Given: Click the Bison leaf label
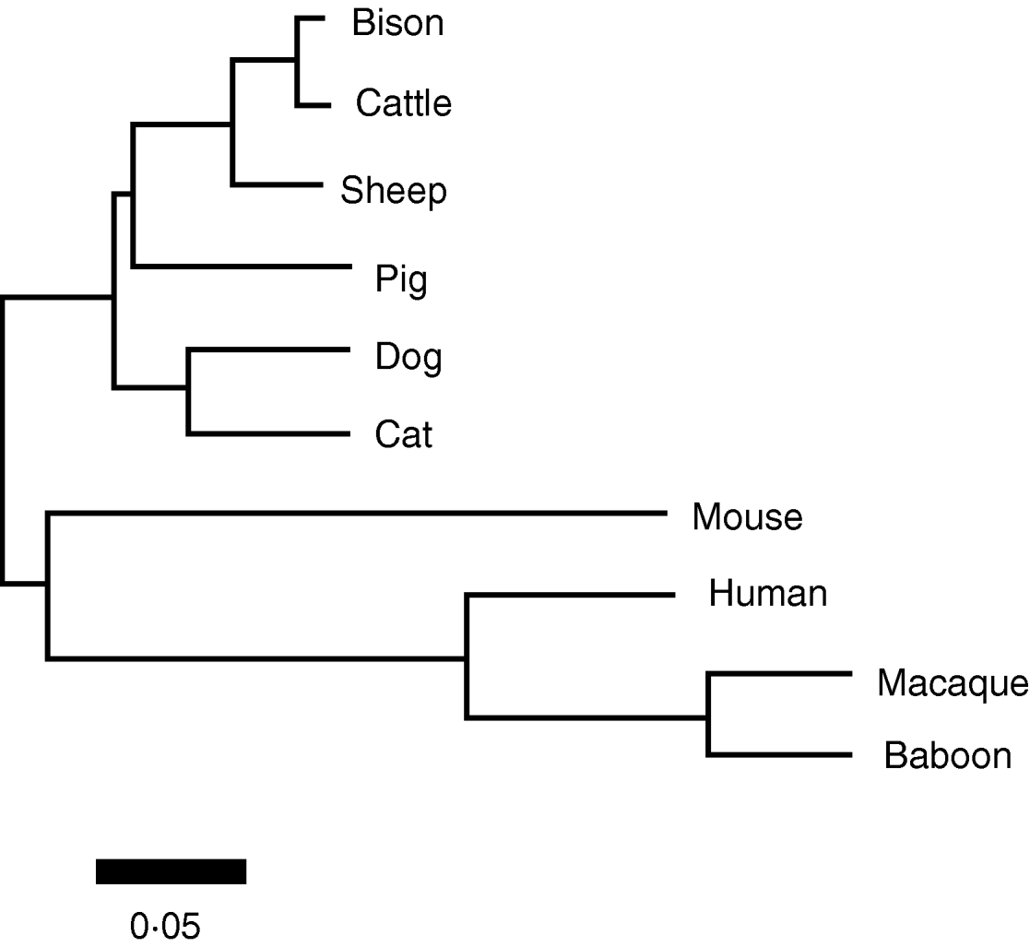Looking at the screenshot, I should click(x=397, y=23).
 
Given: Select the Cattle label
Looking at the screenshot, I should click(x=404, y=103).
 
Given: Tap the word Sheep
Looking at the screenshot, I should click(x=394, y=191).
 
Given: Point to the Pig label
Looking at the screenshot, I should click(x=401, y=278).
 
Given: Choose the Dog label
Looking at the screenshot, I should click(x=408, y=357).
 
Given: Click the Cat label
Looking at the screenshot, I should click(x=404, y=434).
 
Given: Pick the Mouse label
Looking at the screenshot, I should click(x=747, y=516).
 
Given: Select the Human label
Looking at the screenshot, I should click(x=768, y=593).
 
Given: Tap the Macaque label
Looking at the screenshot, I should click(x=952, y=683).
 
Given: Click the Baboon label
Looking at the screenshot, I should click(x=948, y=756).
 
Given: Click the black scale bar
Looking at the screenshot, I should click(x=171, y=871).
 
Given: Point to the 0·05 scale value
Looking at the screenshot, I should click(x=165, y=925).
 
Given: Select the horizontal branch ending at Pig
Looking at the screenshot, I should click(x=243, y=267).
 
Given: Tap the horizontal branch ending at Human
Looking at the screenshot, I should click(x=572, y=596).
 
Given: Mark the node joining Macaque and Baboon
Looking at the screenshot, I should click(x=708, y=715).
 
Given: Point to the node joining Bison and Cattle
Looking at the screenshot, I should click(x=297, y=62).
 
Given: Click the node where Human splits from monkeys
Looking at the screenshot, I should click(x=467, y=657).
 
